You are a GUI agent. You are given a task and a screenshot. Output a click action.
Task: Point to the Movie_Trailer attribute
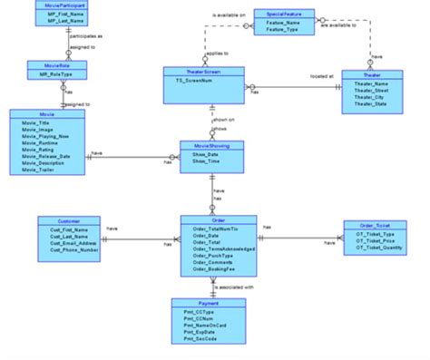click(x=43, y=170)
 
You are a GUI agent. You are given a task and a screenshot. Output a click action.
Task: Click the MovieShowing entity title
click(x=211, y=144)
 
